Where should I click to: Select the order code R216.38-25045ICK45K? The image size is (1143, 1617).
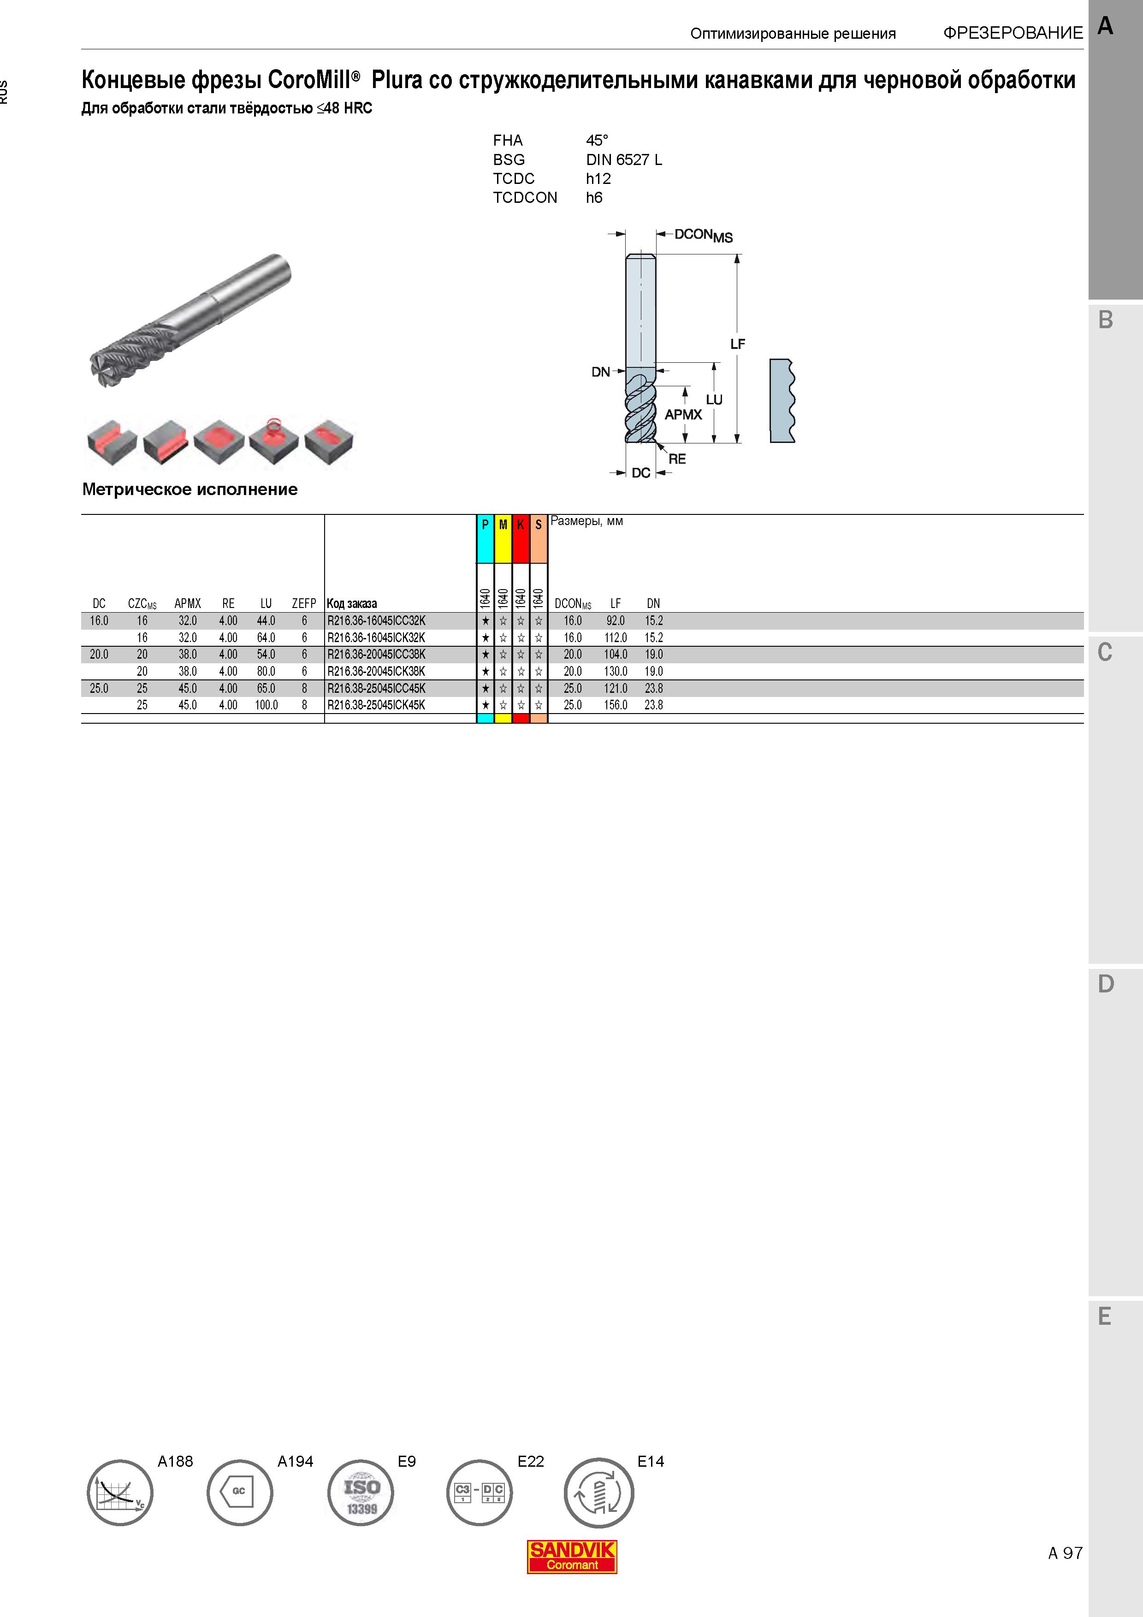(x=376, y=705)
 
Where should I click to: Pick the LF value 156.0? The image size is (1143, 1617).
(x=616, y=705)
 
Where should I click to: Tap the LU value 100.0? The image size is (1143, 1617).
(x=266, y=705)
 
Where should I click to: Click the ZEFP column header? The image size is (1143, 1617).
(x=304, y=603)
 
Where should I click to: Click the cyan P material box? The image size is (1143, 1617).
(x=485, y=539)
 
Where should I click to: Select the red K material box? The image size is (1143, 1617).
(x=521, y=539)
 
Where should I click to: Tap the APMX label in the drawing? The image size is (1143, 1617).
(x=683, y=415)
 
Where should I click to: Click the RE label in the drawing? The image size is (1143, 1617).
(x=677, y=459)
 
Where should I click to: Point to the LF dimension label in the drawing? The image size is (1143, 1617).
(x=737, y=344)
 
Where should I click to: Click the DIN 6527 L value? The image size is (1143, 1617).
(x=624, y=160)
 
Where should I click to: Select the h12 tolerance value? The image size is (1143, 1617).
(x=598, y=179)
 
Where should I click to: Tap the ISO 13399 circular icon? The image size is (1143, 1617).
(x=361, y=1493)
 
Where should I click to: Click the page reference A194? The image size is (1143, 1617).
(x=295, y=1461)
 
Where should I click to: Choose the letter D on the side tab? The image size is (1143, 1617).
(x=1106, y=984)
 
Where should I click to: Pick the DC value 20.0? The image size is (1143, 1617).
(x=99, y=654)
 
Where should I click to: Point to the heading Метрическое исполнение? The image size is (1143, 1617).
(x=190, y=490)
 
